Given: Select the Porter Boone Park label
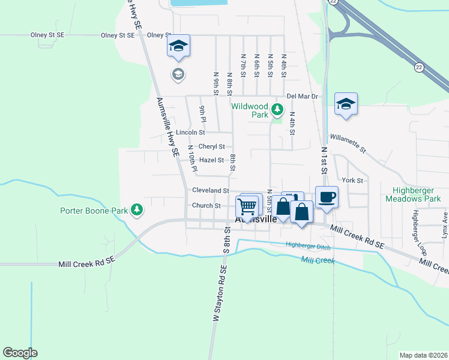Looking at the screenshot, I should [94, 211].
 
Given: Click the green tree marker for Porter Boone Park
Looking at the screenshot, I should [139, 209].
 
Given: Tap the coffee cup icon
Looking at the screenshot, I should [327, 197].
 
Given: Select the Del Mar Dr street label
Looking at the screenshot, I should [302, 96].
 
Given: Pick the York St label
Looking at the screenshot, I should [352, 180].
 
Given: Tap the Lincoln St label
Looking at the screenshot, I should [190, 132].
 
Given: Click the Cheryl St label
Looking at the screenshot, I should [211, 146].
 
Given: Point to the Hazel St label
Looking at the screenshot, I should [211, 160].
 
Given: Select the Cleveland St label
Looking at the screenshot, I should [211, 190].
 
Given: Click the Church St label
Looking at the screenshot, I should [206, 205].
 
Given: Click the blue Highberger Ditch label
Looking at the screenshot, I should [309, 244].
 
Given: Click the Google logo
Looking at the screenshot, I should [20, 353].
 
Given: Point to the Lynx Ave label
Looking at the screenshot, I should [445, 225].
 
